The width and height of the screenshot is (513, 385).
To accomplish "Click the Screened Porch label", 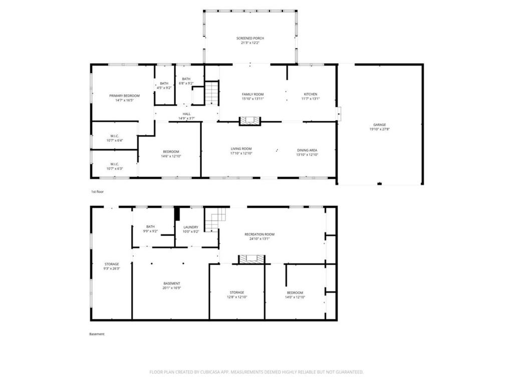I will pos(250,38).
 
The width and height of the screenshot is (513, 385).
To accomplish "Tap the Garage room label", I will pos(379,125).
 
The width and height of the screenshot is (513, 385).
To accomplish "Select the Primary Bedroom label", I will pos(124,95).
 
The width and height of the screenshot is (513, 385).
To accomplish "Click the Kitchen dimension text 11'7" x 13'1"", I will pos(310,99).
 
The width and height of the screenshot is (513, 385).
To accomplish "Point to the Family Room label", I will pos(252,94).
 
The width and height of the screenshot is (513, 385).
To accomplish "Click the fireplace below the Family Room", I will pos(249,120).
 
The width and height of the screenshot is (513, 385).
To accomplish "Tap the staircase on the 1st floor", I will pos(211,93).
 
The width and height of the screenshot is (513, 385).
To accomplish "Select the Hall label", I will pos(186,114).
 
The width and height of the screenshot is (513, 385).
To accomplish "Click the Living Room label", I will pos(240,149).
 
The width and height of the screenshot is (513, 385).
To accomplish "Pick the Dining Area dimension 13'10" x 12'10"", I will pos(307,154).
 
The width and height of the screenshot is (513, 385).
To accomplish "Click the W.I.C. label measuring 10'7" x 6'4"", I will pos(114,140).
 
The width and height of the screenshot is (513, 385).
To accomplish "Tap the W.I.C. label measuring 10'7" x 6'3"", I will pos(114,168).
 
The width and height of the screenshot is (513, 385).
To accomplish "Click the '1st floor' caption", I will pos(97,191).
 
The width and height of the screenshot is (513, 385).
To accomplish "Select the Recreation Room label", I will pos(259,234).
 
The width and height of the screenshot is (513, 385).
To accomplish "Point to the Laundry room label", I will pos(190,227).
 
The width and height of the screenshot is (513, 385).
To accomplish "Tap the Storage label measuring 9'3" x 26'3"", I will pos(112,264).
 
